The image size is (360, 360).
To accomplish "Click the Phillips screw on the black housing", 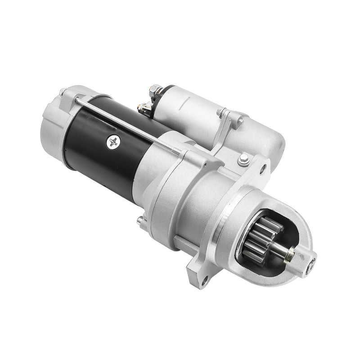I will (112, 143).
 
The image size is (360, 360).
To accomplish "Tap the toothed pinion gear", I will (261, 237).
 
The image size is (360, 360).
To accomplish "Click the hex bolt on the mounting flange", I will (243, 158).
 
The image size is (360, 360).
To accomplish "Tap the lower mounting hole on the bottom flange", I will (205, 282).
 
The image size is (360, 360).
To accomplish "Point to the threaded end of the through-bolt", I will (177, 153).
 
